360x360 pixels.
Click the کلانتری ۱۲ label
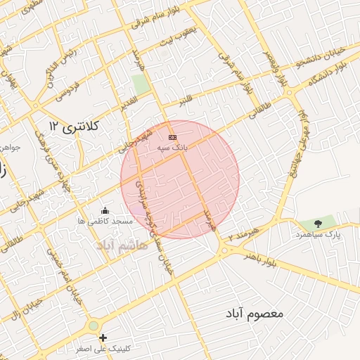click(75, 125)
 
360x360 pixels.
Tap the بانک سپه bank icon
click(172, 136)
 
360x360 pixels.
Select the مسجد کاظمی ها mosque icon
click(105, 210)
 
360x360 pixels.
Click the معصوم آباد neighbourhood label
click(255, 312)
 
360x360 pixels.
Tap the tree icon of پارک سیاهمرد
click(318, 224)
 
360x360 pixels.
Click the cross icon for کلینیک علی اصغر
click(103, 338)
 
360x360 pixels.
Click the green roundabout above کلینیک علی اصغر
click(94, 326)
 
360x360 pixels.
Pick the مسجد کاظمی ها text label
click(105, 221)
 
